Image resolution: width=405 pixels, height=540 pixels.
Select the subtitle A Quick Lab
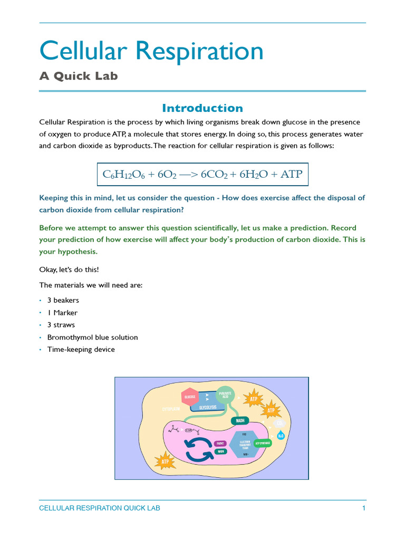point(79,76)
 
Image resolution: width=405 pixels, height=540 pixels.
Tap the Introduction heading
point(202,108)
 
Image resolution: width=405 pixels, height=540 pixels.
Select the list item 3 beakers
point(63,300)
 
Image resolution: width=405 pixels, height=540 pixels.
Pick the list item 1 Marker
point(62,313)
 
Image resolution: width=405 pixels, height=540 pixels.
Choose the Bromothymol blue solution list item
point(92,337)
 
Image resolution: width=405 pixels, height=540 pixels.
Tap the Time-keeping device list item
point(81,349)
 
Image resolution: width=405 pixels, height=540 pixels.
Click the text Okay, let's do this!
point(69,269)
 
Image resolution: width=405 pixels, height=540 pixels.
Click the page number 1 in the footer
point(363,508)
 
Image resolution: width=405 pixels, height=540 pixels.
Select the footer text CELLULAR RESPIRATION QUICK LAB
point(100,508)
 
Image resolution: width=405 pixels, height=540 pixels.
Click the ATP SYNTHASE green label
point(264,443)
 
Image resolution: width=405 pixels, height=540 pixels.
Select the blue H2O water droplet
point(281,435)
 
